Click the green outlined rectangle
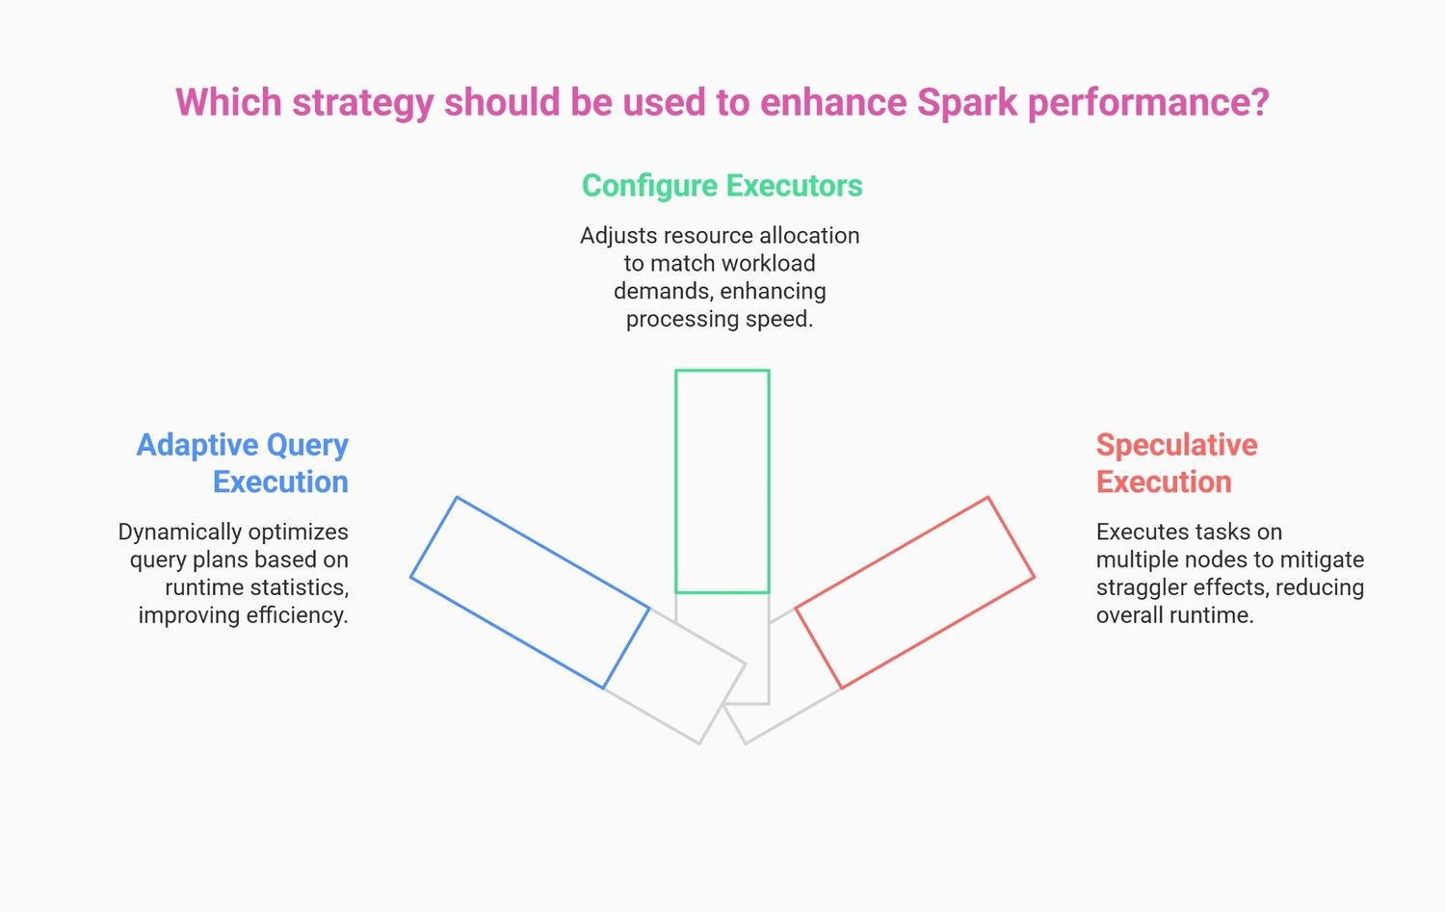click(675, 482)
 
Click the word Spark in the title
click(966, 102)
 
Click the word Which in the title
click(228, 102)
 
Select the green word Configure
click(649, 187)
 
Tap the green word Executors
click(794, 186)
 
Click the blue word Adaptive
click(197, 446)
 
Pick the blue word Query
click(307, 446)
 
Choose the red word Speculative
click(1176, 446)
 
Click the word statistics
click(300, 587)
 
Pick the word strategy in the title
click(362, 103)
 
